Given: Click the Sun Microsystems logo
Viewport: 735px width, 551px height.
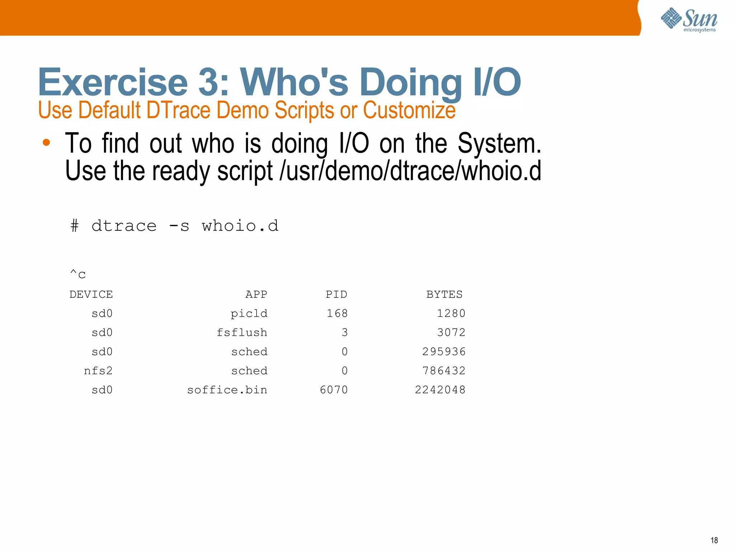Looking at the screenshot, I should [689, 19].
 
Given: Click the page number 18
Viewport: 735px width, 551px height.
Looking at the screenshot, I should [714, 540].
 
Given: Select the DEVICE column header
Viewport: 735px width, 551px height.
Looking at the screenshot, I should [91, 295].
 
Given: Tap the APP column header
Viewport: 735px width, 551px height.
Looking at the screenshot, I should [256, 295].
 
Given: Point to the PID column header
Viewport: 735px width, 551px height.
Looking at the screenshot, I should [336, 295].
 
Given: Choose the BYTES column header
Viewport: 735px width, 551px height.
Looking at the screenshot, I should [444, 295].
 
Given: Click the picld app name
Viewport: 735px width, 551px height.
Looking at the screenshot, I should [249, 314].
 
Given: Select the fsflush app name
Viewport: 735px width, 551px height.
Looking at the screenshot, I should [242, 333].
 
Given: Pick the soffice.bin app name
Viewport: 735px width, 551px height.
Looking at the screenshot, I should [227, 390].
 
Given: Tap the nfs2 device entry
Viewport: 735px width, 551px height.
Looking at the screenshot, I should [98, 371].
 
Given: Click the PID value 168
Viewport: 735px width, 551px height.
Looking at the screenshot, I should [337, 314].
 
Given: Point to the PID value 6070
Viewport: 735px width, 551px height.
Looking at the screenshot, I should [334, 390].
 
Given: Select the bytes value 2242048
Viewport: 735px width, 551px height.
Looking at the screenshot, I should [440, 390].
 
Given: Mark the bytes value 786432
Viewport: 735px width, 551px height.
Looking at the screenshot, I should [444, 371].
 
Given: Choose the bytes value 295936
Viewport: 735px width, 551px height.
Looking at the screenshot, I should [444, 352].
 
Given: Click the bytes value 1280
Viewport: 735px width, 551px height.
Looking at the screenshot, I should [451, 314].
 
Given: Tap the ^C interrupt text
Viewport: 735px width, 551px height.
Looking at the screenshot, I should [78, 274].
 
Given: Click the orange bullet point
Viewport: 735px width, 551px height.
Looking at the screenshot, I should [46, 143].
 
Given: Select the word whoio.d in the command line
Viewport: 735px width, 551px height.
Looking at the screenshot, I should [240, 226].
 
